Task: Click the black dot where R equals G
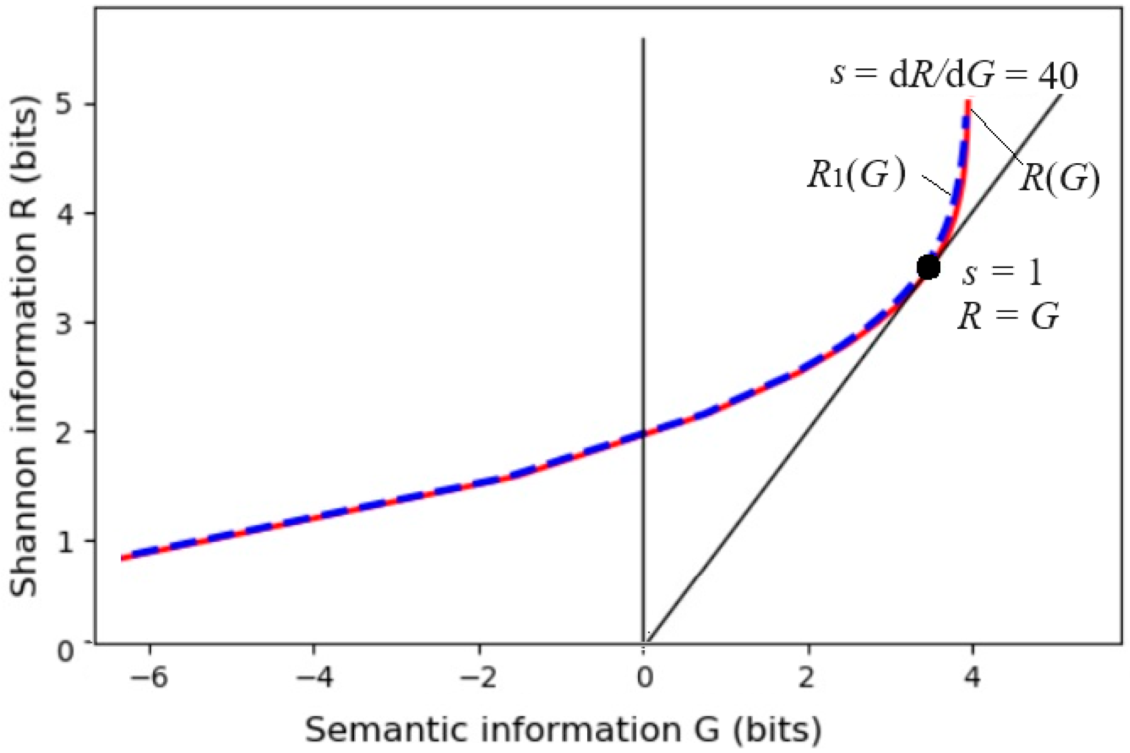pyautogui.click(x=928, y=267)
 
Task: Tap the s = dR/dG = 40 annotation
pyautogui.click(x=954, y=75)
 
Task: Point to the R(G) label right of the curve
pyautogui.click(x=1059, y=179)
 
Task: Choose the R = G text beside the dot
pyautogui.click(x=1008, y=317)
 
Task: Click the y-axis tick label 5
pyautogui.click(x=66, y=105)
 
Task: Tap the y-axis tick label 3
pyautogui.click(x=66, y=324)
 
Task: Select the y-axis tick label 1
pyautogui.click(x=66, y=542)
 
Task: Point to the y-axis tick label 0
pyautogui.click(x=66, y=651)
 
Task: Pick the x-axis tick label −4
pyautogui.click(x=315, y=676)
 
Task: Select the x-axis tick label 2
pyautogui.click(x=808, y=676)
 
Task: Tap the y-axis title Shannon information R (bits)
pyautogui.click(x=24, y=346)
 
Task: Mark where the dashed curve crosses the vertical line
pyautogui.click(x=643, y=433)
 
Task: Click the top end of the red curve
pyautogui.click(x=968, y=102)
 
